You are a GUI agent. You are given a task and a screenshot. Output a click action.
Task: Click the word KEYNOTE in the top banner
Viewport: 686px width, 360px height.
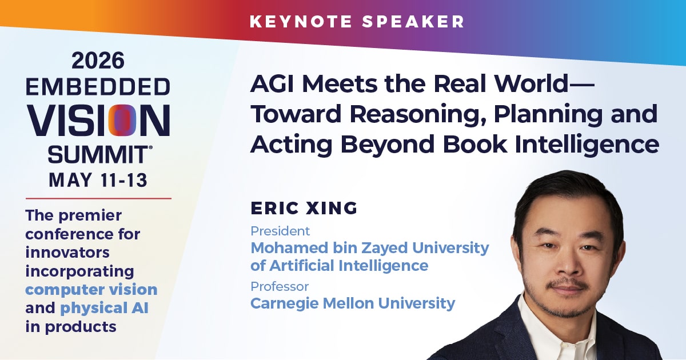301,22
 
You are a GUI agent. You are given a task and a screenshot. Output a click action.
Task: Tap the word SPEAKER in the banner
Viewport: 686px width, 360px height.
413,22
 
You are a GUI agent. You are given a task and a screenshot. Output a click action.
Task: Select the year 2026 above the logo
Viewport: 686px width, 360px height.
98,61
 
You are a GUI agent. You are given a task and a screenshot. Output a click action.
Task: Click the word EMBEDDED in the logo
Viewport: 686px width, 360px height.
98,87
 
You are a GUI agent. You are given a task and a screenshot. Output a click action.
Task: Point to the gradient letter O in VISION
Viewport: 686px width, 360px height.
122,121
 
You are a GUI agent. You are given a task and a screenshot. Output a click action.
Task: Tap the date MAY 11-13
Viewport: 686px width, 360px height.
98,179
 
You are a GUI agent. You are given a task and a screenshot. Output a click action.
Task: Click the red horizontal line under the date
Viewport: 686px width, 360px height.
98,198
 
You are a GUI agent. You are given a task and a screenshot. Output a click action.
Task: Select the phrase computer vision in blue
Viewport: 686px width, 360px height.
91,290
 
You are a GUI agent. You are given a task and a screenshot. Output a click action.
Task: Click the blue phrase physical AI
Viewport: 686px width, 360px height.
105,308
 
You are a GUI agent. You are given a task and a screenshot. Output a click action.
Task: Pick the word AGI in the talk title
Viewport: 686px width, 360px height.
273,84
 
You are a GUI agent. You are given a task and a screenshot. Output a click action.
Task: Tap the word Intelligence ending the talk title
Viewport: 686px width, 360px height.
587,144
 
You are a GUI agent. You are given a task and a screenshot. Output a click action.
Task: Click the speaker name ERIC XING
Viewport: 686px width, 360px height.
304,208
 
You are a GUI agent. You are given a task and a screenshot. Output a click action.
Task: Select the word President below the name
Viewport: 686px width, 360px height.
280,231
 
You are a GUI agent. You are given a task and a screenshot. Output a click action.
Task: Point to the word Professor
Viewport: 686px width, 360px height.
280,287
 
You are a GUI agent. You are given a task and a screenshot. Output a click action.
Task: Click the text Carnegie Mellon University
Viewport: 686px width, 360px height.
353,303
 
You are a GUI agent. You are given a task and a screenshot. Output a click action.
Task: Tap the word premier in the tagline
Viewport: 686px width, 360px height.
90,216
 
